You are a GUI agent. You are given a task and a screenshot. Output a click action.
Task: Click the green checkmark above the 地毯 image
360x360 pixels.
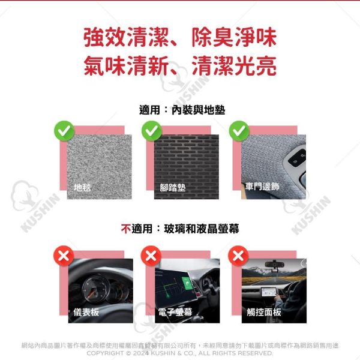point(64,130)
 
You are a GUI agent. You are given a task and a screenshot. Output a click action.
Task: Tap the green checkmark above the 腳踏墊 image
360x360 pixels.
point(152,130)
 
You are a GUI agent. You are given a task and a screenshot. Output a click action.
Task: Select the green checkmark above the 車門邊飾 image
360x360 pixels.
point(240,130)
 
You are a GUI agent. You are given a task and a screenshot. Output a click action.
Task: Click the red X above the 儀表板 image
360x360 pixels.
point(64,256)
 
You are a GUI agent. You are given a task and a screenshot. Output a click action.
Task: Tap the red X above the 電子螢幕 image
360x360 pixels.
point(152,256)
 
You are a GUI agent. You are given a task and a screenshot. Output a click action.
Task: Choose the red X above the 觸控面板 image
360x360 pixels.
point(240,256)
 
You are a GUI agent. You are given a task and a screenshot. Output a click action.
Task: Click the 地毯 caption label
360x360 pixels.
point(83,187)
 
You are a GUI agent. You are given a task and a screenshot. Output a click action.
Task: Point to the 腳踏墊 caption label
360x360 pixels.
point(173,187)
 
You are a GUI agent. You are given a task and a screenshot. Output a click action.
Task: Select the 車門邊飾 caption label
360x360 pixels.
point(263,187)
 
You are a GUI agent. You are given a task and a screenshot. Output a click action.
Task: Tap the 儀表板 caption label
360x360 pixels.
point(86,312)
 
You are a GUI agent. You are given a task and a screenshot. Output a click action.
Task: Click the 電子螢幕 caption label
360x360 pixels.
point(175,312)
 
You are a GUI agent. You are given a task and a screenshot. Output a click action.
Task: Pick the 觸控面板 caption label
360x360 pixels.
point(264,312)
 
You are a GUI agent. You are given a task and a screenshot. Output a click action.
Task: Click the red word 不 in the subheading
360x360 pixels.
point(126,229)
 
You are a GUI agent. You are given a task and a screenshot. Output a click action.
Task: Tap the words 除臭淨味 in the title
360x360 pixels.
point(234,38)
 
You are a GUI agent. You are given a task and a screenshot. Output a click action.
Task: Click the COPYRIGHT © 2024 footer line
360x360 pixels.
point(180,353)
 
